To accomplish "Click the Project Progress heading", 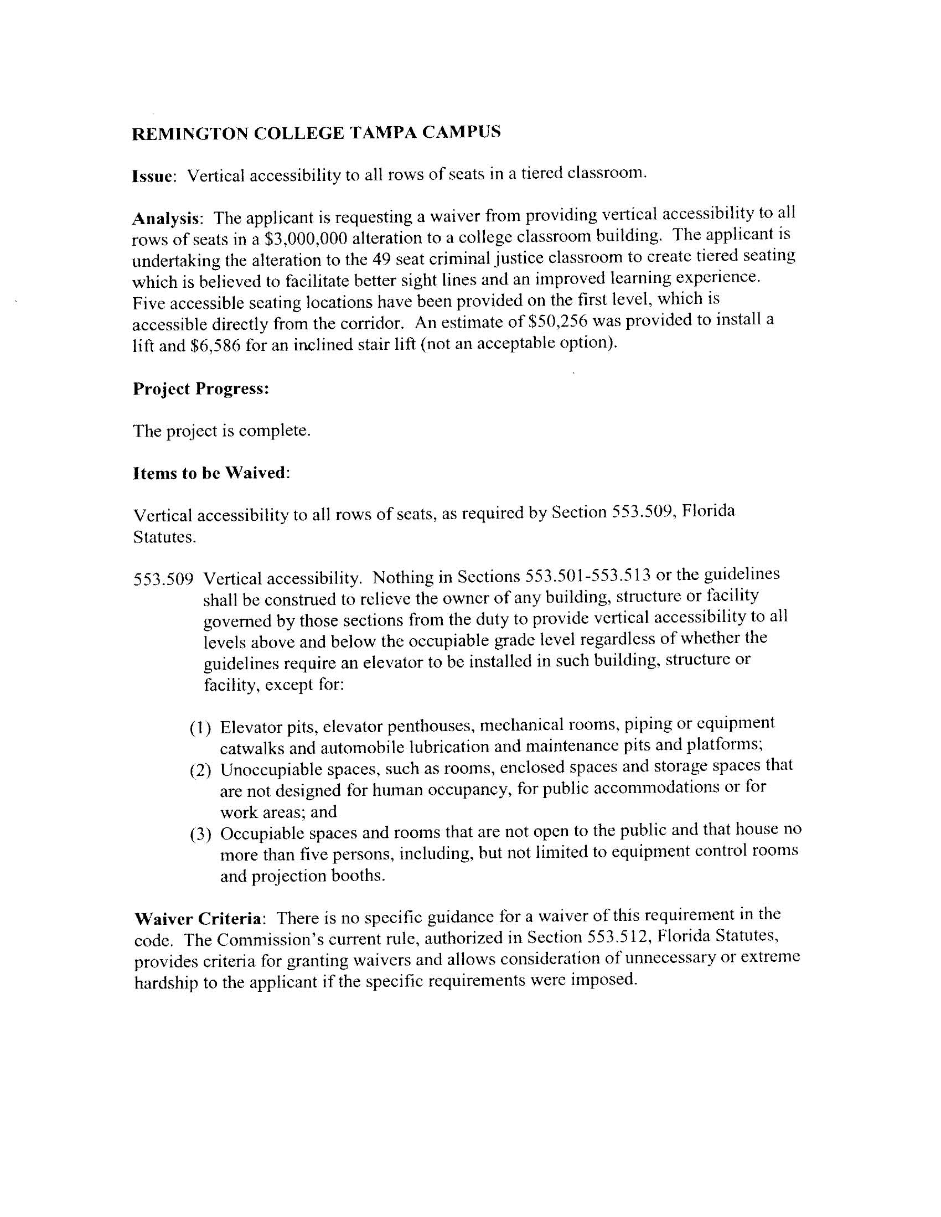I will coord(201,389).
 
